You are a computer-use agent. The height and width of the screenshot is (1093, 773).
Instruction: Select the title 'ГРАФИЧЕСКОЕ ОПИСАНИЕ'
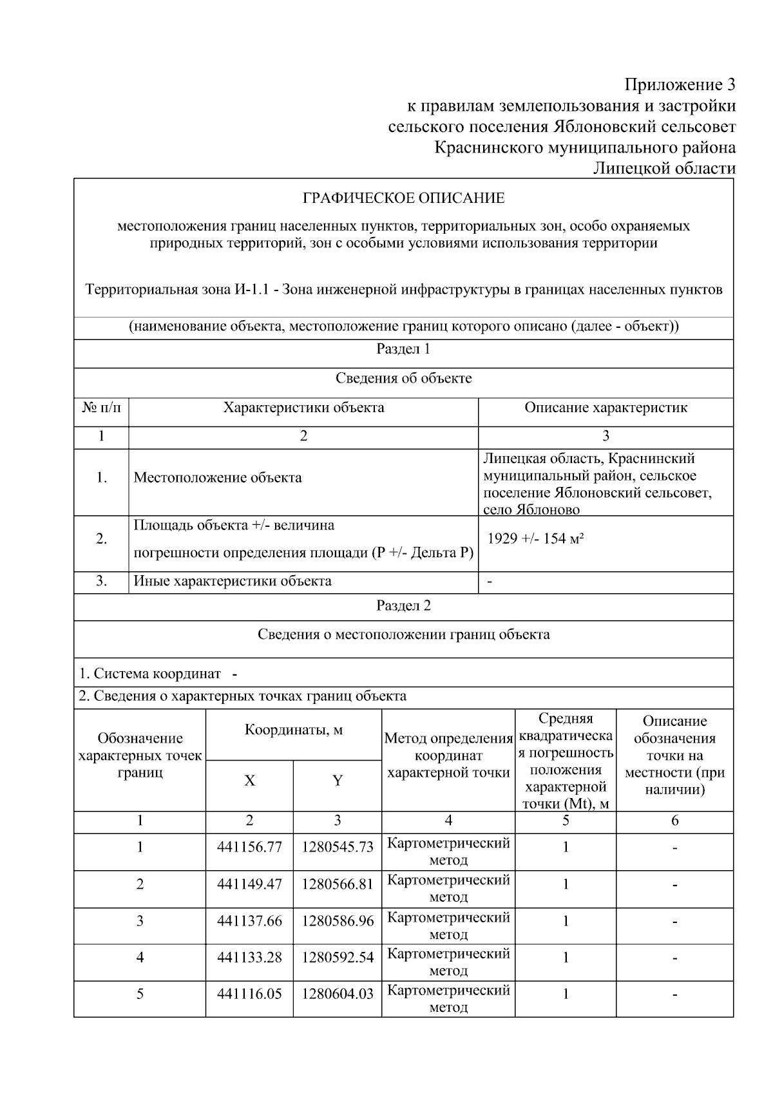click(x=404, y=198)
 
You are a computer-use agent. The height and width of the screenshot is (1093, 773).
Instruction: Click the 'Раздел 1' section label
click(x=403, y=349)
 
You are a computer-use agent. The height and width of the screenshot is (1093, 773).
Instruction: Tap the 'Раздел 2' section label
click(x=403, y=605)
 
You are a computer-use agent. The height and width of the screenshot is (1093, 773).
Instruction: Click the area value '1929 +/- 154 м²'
click(x=535, y=538)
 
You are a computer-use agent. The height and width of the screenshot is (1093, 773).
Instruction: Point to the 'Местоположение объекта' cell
click(x=218, y=478)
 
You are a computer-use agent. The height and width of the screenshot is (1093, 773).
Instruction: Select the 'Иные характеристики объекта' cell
click(x=233, y=581)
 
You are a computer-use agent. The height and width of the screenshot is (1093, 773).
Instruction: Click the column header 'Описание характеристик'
click(x=606, y=408)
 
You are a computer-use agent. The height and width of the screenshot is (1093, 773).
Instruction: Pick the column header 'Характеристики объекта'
click(x=303, y=408)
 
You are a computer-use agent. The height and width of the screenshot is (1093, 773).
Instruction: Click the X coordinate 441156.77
click(x=249, y=848)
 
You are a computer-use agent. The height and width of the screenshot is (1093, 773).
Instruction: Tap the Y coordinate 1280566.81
click(x=338, y=884)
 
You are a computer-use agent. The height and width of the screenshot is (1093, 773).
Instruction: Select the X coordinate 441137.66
click(x=249, y=921)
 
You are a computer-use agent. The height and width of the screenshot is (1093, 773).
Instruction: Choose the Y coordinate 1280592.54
click(x=338, y=958)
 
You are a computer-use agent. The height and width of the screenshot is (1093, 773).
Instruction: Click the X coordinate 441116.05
click(x=249, y=994)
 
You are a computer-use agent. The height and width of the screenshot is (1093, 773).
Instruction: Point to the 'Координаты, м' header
click(x=294, y=730)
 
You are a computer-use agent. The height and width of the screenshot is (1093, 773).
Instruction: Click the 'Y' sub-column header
click(x=338, y=781)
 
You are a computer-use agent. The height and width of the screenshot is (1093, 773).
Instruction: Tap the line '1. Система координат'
click(x=149, y=674)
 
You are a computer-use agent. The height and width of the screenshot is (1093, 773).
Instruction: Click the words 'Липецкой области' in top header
click(x=663, y=169)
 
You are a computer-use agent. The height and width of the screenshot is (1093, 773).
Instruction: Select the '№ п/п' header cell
click(x=101, y=408)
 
